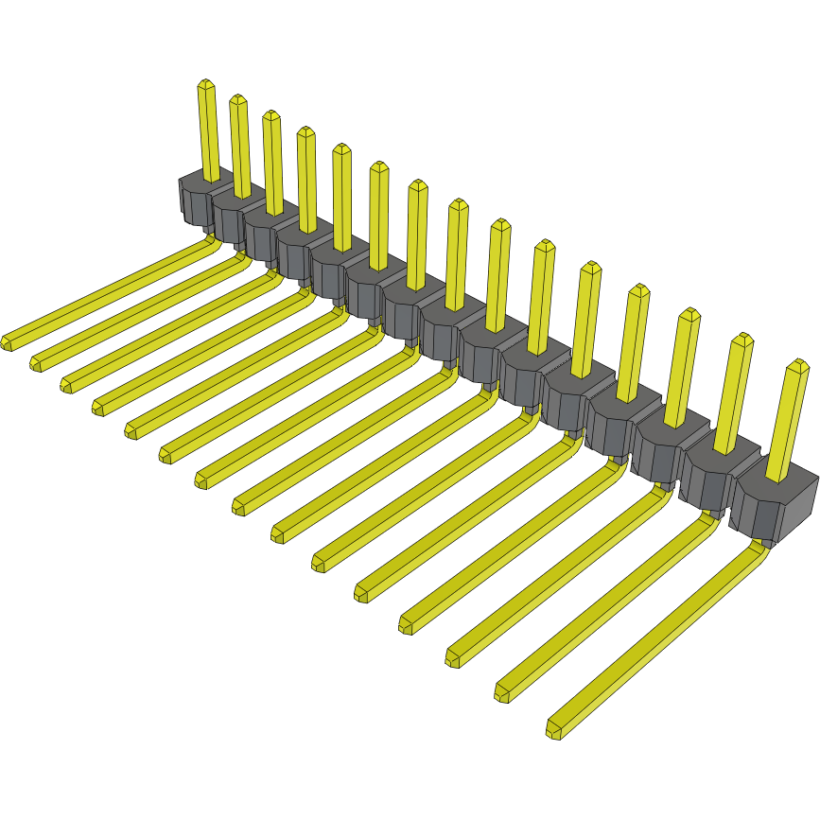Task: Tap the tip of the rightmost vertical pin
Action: coord(797,365)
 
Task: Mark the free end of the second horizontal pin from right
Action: coord(502,694)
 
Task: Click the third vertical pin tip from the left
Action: coord(270,116)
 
